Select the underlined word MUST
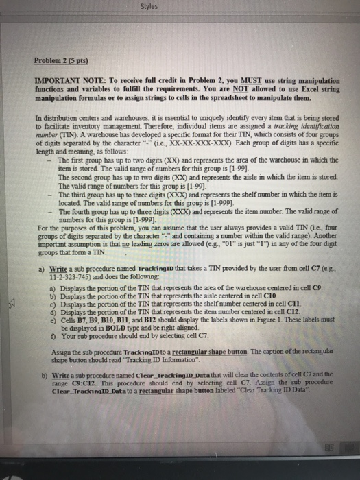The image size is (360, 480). pyautogui.click(x=230, y=88)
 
